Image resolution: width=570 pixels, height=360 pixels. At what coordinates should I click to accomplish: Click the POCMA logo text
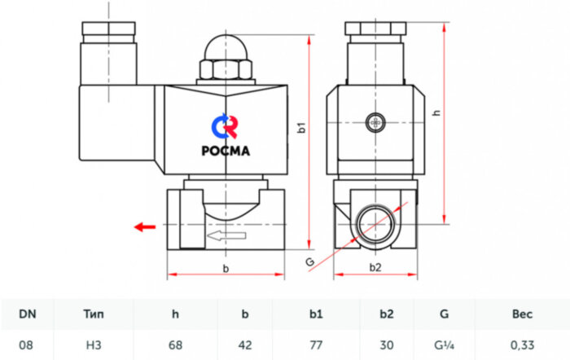pos(226,149)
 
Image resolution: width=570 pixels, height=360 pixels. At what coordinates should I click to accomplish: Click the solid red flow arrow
pos(144,226)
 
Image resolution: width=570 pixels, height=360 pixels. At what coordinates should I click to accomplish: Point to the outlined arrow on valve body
pos(226,236)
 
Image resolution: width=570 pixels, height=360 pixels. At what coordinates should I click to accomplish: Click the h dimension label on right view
pos(436,113)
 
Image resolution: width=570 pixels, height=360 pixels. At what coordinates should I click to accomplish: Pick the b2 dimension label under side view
pos(375,266)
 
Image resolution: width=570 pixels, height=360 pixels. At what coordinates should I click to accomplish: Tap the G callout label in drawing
pos(309,261)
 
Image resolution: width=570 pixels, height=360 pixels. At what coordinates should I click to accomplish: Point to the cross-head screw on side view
pos(375,122)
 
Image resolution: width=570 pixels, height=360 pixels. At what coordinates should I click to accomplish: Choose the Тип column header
pos(95,313)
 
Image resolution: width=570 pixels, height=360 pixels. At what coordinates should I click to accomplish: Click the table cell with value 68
pos(174,345)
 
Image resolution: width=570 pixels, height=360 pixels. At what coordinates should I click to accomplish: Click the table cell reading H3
pos(95,345)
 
